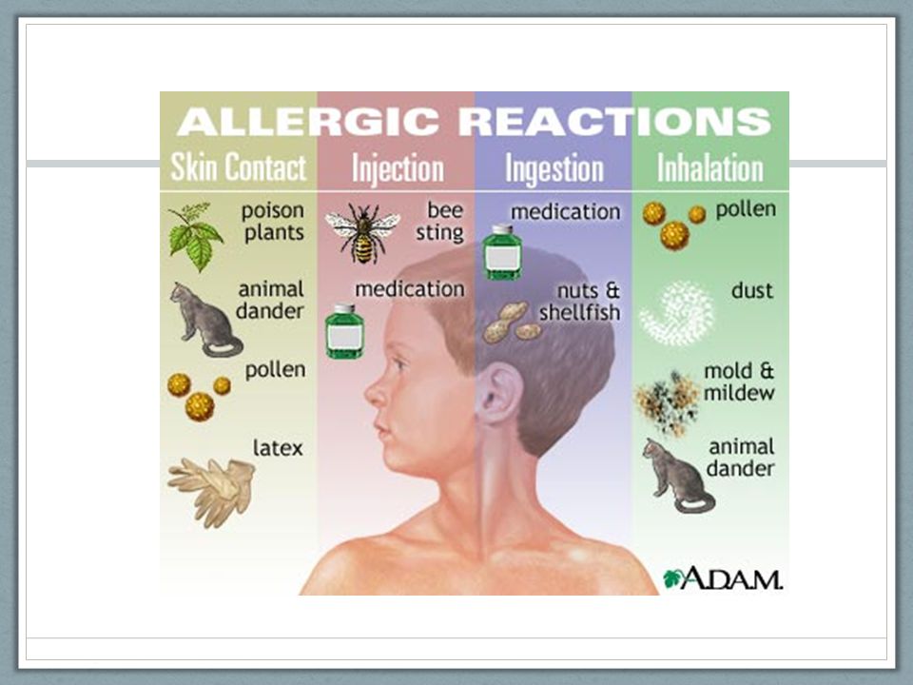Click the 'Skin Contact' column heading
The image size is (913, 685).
[x=238, y=167]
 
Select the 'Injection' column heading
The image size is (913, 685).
[x=398, y=168]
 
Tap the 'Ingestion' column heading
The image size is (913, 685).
[x=554, y=169]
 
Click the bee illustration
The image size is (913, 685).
[x=362, y=233]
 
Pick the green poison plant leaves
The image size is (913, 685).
[x=195, y=237]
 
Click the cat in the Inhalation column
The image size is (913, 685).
[x=678, y=476]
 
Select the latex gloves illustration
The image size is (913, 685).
[x=212, y=492]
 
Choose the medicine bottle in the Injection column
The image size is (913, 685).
[x=344, y=331]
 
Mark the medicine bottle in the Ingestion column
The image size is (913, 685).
[x=502, y=253]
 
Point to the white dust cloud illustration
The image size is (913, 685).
[x=676, y=314]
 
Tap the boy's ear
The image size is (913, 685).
[x=497, y=394]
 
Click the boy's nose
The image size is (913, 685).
[x=376, y=393]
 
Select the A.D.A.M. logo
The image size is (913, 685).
[x=723, y=577]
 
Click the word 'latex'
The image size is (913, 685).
[x=278, y=448]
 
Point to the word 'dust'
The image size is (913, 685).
[x=752, y=290]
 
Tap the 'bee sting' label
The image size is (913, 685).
[x=439, y=222]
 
